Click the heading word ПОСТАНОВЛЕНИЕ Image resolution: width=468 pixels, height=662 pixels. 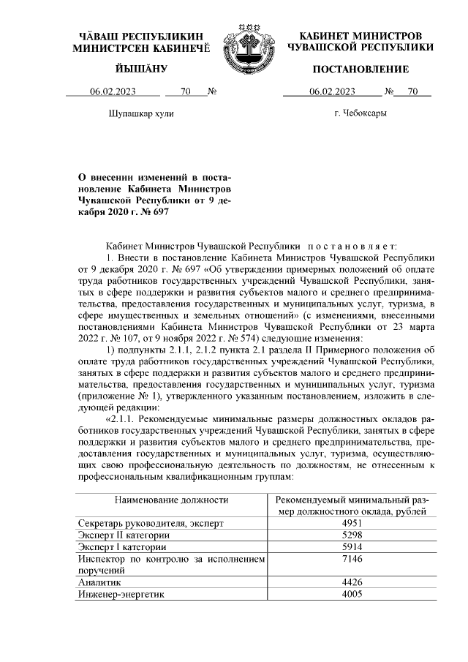(361, 69)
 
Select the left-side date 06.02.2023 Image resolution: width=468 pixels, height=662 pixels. (113, 92)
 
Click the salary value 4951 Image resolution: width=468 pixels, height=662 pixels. (352, 524)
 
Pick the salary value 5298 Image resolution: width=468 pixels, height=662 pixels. (352, 535)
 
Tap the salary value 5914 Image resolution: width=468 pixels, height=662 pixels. (352, 547)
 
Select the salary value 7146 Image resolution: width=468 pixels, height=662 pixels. (352, 559)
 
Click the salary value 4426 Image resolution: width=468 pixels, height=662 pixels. (352, 582)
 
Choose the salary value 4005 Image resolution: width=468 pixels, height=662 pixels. (352, 594)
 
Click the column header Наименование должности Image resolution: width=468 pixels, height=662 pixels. (171, 500)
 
